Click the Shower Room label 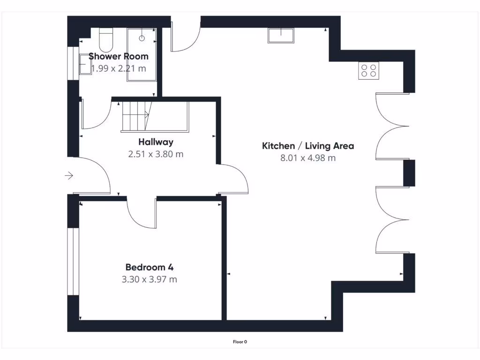point(118,56)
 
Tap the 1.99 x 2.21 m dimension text point(118,68)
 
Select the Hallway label point(156,142)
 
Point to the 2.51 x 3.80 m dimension point(156,154)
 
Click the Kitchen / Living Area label point(307,146)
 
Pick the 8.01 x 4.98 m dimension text point(307,158)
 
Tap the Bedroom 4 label point(150,268)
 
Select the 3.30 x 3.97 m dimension point(150,280)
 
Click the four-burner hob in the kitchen point(368,71)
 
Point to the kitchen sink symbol point(280,36)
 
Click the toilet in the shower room point(106,40)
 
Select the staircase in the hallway point(136,116)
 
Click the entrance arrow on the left point(69,176)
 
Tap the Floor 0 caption point(240,342)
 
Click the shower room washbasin point(85,64)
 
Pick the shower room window point(73,63)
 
